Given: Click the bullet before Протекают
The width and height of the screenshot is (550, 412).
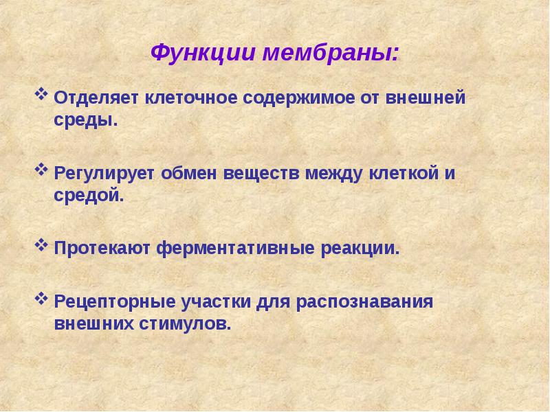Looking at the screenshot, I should click(x=41, y=244).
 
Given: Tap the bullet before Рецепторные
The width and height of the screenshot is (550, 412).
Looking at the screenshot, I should click(x=41, y=297).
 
